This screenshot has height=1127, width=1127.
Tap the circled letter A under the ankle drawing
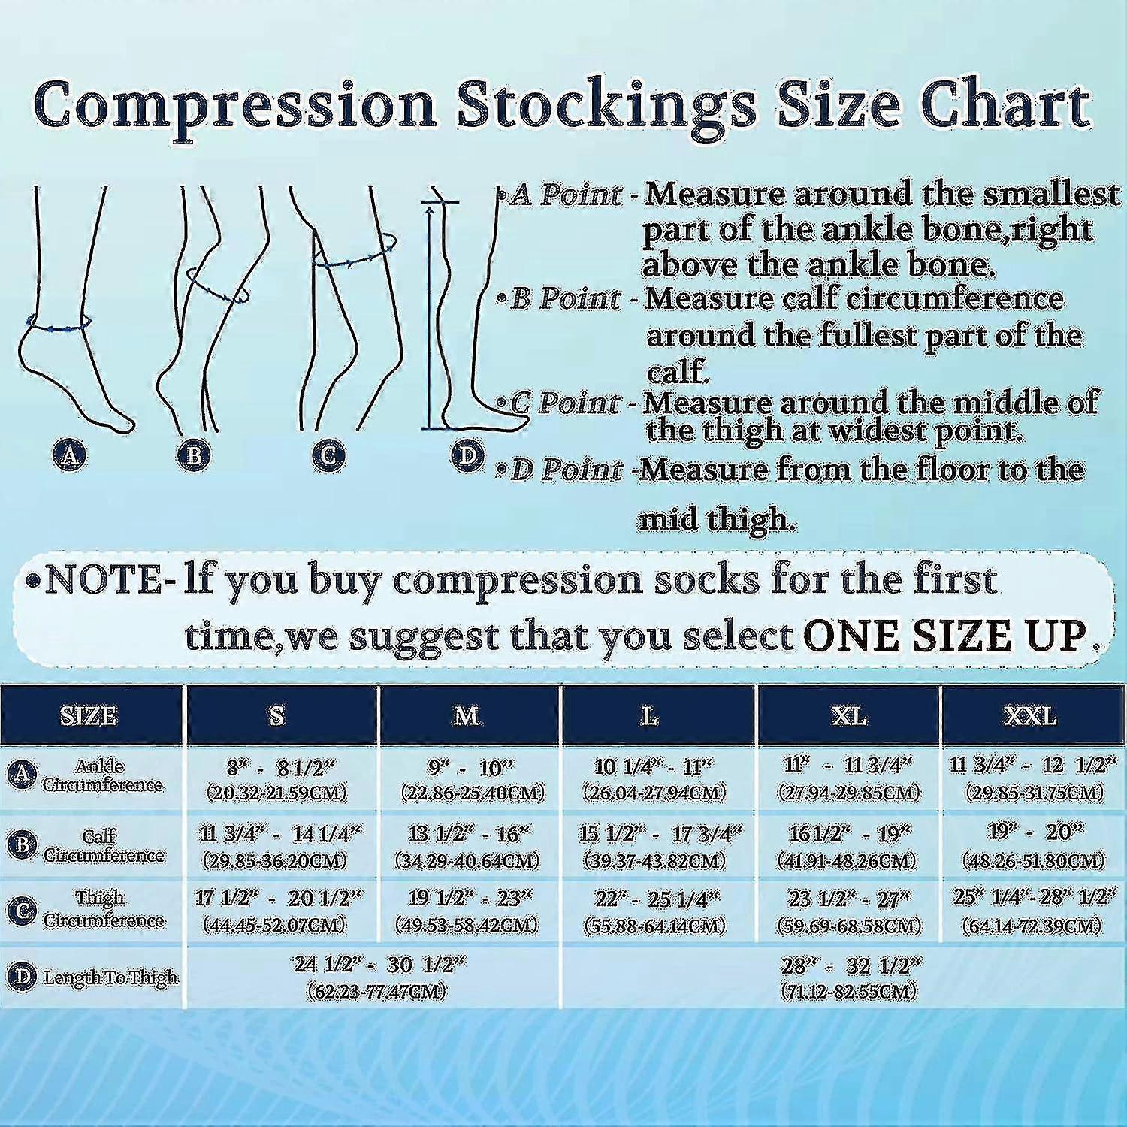(x=69, y=454)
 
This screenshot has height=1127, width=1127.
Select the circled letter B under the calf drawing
(x=194, y=454)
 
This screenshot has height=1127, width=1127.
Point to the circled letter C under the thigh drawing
(x=328, y=454)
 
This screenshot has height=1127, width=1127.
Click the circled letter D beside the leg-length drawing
(x=467, y=454)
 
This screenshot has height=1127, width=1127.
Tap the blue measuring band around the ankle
(x=59, y=324)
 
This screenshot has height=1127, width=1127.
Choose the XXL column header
(x=1032, y=715)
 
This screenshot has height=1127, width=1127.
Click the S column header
(x=277, y=715)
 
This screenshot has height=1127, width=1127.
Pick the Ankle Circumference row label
(x=101, y=776)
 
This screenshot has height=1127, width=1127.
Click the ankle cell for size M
(x=467, y=779)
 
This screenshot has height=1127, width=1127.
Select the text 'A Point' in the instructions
(x=565, y=195)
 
